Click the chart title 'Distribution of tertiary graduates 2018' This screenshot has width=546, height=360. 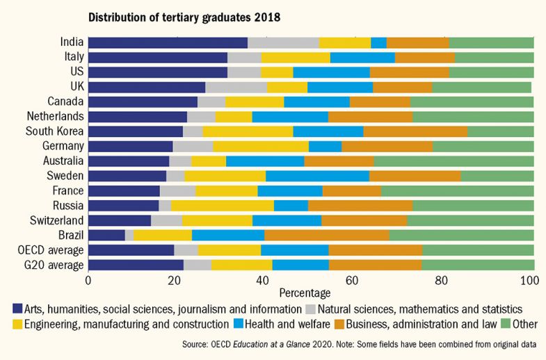coord(177,15)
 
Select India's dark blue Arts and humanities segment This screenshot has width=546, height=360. coord(168,42)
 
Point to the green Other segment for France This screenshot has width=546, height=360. coord(457,190)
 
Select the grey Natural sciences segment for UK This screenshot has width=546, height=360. coord(236,87)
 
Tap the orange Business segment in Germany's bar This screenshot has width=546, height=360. coord(387,146)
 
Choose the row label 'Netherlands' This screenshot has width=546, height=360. coord(55,116)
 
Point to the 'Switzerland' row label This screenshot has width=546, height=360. coord(56,220)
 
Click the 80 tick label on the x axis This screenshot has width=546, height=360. coord(441,280)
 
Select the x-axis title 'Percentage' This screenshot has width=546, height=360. coord(304,293)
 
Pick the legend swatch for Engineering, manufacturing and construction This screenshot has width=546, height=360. coord(18,324)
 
